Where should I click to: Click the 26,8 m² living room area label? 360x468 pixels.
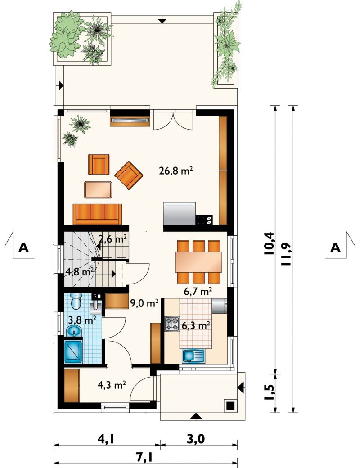pos(175,171)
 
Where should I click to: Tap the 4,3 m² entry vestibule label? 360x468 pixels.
pos(111,385)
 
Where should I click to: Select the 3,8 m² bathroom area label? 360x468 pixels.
pos(82,320)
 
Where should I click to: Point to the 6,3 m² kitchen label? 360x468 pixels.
pos(195,325)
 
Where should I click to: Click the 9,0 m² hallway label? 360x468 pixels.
pos(144,304)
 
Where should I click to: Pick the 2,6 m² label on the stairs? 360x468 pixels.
pos(113,239)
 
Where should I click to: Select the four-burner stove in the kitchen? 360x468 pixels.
pos(172,324)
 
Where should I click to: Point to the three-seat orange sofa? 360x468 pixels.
pos(97,214)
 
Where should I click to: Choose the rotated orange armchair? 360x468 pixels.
pos(129,175)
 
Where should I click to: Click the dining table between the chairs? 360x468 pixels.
pos(199,262)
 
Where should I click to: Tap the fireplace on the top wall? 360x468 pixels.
pos(130,120)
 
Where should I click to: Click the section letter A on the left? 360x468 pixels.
pos(23,247)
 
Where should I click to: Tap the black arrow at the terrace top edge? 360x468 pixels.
pos(162,21)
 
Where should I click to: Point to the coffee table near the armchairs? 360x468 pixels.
pos(98,189)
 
